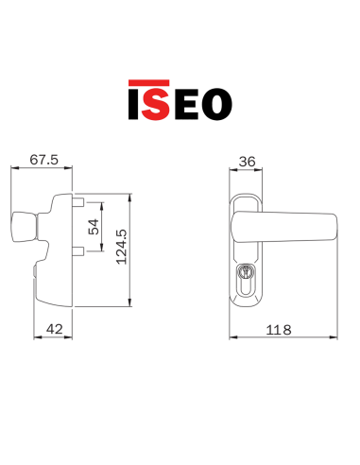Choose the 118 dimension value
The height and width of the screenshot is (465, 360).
tap(278, 329)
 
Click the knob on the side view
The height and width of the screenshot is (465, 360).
tap(21, 228)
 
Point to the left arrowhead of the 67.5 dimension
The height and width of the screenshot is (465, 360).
tap(12, 171)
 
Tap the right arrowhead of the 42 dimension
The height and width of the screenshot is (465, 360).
tap(73, 337)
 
